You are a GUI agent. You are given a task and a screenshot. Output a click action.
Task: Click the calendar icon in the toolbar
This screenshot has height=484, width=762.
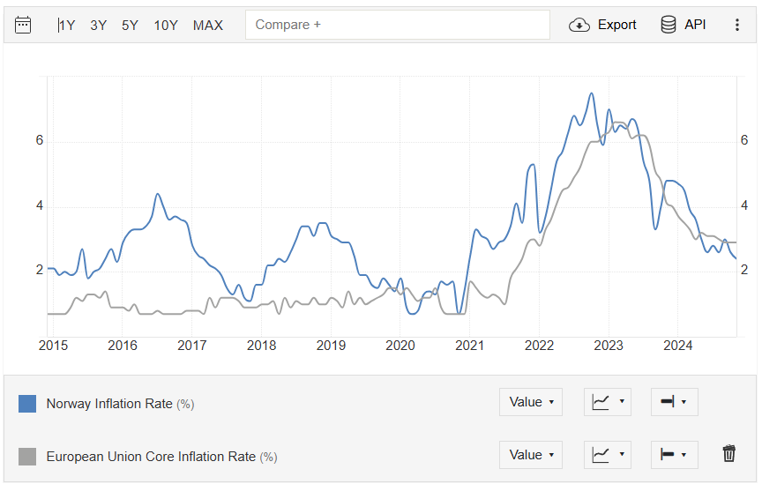click(23, 25)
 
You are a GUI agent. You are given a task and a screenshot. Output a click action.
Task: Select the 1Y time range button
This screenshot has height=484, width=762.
click(66, 25)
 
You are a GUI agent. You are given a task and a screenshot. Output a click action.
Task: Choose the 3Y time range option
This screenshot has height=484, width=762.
click(98, 25)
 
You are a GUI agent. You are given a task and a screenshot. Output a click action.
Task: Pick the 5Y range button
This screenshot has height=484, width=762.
click(130, 25)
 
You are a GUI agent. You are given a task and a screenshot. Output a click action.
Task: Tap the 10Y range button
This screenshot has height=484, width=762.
click(166, 25)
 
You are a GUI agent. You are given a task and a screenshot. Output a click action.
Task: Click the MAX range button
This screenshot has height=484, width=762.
click(208, 25)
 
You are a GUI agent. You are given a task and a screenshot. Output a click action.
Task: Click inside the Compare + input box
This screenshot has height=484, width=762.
click(397, 25)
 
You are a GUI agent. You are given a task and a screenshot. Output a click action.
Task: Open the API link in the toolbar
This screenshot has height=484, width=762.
click(684, 25)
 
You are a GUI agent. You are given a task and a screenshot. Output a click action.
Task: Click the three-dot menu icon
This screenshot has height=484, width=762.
click(737, 25)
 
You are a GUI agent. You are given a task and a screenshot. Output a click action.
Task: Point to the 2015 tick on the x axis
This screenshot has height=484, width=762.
click(53, 345)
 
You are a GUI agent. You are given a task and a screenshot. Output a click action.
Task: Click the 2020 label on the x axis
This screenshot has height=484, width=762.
click(400, 345)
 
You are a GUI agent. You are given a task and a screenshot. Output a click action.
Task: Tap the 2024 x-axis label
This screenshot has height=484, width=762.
click(677, 345)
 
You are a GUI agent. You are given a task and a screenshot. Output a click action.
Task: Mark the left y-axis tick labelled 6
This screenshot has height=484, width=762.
click(40, 141)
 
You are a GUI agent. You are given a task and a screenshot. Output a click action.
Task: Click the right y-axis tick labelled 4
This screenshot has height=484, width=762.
click(744, 205)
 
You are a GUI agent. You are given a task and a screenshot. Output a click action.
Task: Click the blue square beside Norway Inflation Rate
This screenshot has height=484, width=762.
click(27, 404)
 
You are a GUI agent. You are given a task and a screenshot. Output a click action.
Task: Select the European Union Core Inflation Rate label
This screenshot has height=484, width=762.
click(151, 457)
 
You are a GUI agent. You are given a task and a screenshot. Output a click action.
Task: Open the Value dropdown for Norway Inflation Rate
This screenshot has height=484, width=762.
click(531, 402)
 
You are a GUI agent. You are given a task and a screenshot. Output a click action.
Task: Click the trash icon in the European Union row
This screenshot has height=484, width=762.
click(728, 454)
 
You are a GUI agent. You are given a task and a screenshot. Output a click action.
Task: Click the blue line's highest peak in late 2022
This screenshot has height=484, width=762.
click(591, 93)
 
